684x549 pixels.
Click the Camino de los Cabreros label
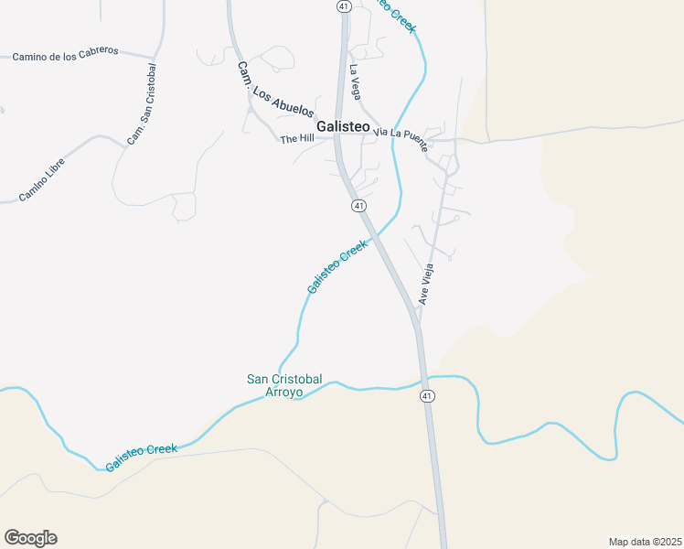(66, 54)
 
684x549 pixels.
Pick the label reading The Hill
(296, 139)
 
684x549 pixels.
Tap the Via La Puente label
(401, 133)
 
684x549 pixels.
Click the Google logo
(30, 538)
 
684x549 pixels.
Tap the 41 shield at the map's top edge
(343, 5)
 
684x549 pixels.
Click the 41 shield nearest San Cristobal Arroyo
(427, 395)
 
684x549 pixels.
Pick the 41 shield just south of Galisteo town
(358, 206)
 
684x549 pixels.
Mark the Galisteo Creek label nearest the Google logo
(141, 457)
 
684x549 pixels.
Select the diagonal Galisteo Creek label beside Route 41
(337, 266)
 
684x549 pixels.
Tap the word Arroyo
(283, 392)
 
